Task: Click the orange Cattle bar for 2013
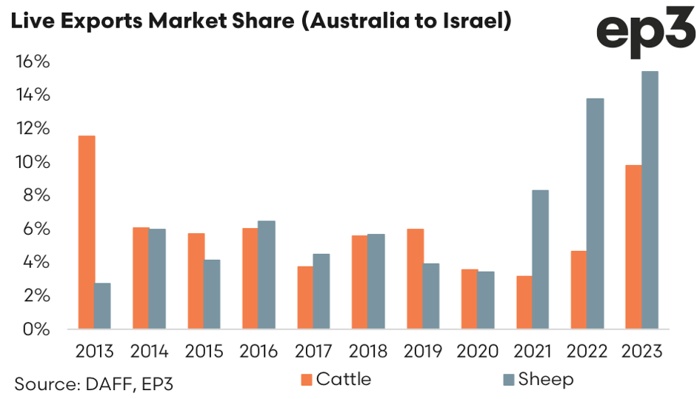click(x=86, y=232)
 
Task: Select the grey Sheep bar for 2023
click(x=650, y=200)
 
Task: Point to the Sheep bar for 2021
click(x=540, y=260)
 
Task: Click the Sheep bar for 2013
click(x=102, y=306)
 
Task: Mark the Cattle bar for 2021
click(x=524, y=302)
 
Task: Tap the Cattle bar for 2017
click(x=304, y=298)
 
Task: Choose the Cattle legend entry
click(x=335, y=380)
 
